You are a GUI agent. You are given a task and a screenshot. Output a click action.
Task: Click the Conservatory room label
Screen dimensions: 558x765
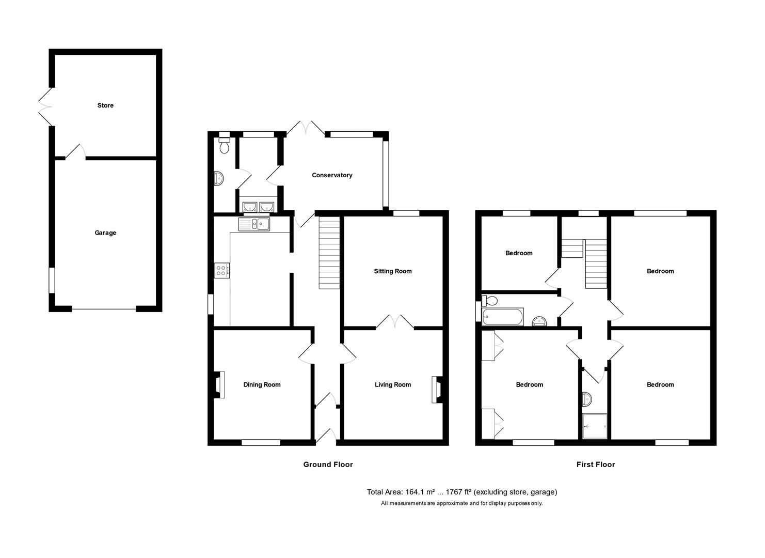pos(332,175)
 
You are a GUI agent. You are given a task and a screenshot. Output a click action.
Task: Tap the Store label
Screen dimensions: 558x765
pos(105,105)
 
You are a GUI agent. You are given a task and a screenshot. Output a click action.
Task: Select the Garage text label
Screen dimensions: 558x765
pos(105,233)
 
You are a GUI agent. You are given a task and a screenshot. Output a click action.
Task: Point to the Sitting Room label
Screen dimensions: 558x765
pos(393,271)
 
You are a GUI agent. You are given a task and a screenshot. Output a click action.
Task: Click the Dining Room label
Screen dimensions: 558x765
pos(262,385)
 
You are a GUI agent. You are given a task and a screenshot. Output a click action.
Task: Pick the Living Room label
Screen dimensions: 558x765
pos(393,385)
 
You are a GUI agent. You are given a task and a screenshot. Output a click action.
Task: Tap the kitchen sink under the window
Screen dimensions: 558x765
pos(253,224)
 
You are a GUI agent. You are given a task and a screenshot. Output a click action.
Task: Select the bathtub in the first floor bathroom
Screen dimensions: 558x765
pos(503,316)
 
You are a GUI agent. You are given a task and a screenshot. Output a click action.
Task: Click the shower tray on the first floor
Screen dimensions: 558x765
pos(594,426)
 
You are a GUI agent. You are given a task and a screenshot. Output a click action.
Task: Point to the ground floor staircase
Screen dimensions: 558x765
pos(329,253)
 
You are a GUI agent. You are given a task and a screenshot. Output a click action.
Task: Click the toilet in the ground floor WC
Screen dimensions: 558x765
pos(224,146)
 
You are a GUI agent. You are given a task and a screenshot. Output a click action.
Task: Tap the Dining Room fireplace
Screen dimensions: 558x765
pos(219,385)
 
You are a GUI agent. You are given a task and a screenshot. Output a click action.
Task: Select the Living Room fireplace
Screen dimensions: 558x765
pos(436,389)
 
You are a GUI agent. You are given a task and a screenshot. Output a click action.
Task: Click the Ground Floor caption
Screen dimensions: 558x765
pos(328,464)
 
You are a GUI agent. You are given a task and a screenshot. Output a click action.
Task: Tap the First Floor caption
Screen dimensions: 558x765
pos(595,464)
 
